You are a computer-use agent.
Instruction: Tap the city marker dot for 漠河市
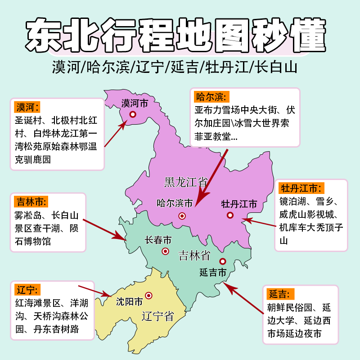133,114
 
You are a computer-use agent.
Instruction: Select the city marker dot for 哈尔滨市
182,216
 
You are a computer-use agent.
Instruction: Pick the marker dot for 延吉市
222,261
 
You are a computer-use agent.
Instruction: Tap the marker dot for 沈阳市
148,296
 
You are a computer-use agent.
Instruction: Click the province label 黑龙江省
185,182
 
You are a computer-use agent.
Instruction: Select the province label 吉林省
194,256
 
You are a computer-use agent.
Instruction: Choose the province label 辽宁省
157,315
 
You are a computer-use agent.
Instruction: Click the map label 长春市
158,240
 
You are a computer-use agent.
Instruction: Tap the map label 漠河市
135,103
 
